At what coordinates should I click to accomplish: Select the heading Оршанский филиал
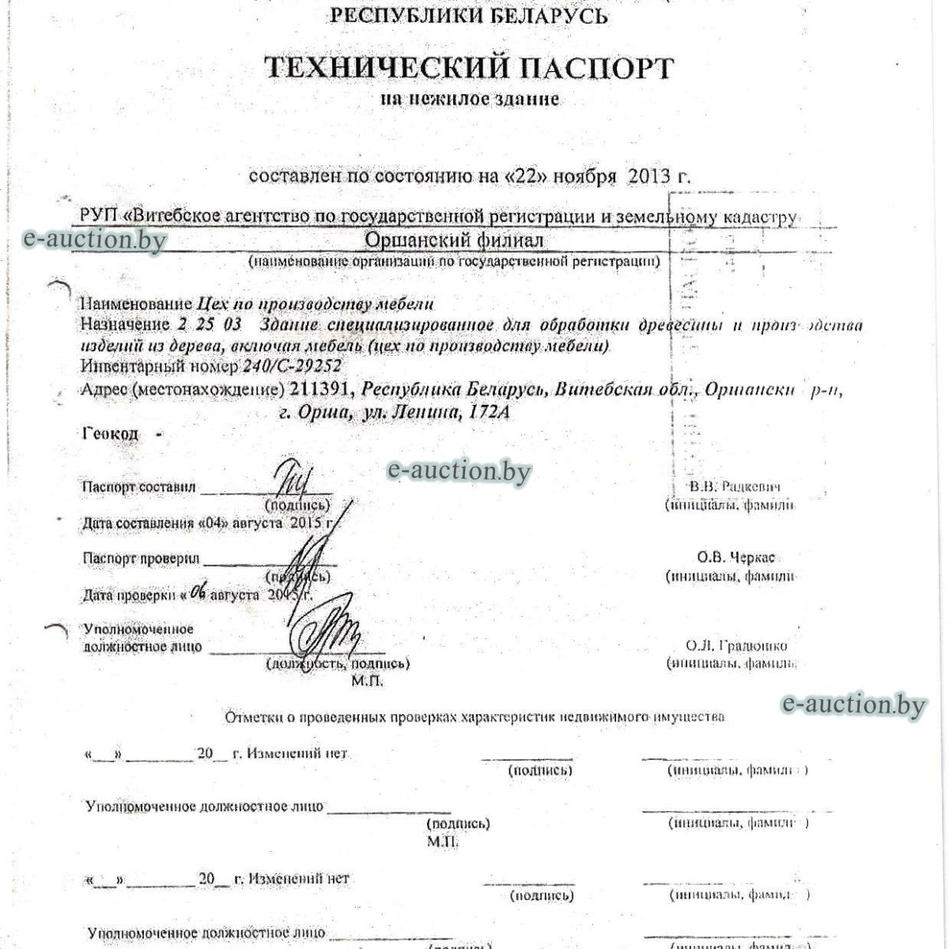coord(455,239)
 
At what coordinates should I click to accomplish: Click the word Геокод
coord(110,433)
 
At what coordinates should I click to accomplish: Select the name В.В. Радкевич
coord(735,486)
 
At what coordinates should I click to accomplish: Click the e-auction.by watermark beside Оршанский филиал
coord(95,239)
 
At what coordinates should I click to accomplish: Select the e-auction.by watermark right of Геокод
coord(459,471)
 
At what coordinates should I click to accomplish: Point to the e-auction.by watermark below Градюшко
coord(853,704)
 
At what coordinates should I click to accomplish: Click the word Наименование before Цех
coord(136,304)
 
